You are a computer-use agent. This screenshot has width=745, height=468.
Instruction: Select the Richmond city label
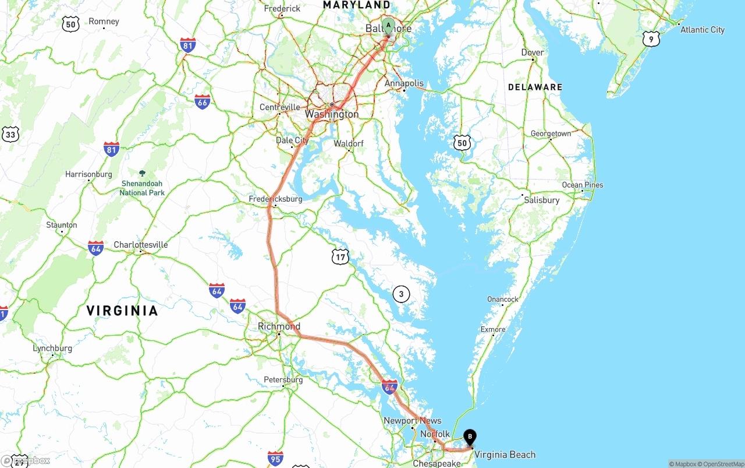coord(279,326)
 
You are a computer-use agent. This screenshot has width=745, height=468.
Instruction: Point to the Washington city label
coord(332,114)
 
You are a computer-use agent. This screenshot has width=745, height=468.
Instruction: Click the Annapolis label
coord(405,83)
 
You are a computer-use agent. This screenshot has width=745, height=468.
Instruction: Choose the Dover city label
coord(533,52)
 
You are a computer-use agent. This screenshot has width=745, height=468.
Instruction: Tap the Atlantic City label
coord(703,30)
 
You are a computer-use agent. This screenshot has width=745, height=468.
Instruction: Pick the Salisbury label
coord(541,200)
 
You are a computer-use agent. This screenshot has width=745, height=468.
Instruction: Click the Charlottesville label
coord(141,245)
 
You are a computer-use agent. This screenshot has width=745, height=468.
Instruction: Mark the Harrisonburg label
coord(88,174)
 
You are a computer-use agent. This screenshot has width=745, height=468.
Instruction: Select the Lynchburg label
coord(52,349)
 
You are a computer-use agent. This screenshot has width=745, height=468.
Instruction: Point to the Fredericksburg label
coord(275,199)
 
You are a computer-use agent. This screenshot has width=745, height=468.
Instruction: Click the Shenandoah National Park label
coord(143,188)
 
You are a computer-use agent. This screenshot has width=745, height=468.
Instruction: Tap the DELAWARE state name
coord(535,87)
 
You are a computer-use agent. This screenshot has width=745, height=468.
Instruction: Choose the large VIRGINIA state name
coord(122,311)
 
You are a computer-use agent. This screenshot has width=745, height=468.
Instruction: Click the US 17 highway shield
coord(341,256)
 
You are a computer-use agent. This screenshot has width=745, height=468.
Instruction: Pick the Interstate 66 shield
coord(203,101)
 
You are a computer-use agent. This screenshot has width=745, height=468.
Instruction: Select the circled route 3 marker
coord(401,294)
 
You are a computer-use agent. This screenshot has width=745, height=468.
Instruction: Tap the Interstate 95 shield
coord(276,458)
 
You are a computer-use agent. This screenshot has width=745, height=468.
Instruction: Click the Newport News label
coord(412,421)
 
